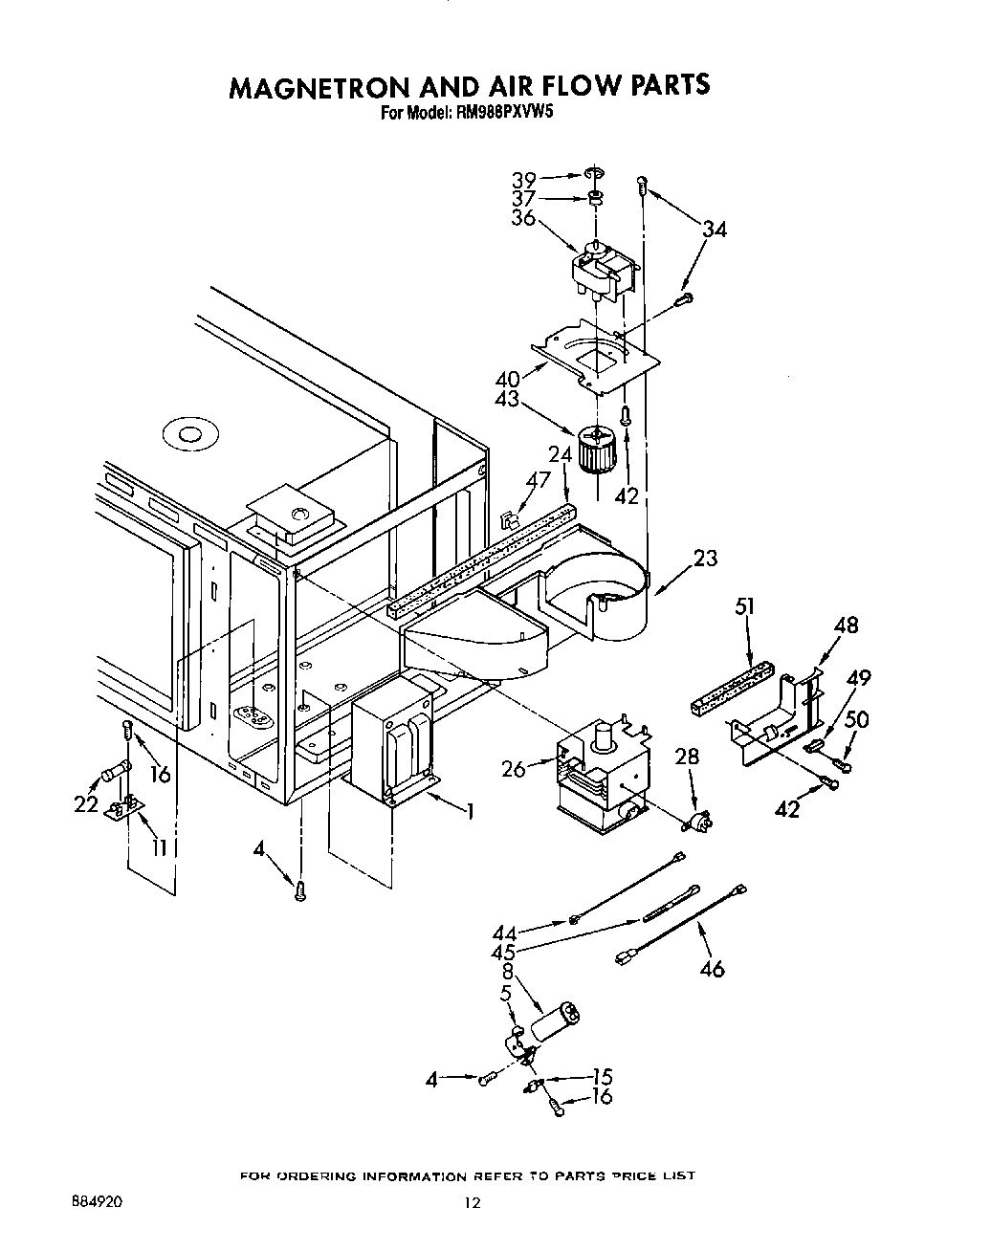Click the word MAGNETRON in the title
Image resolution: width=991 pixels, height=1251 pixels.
[x=316, y=86]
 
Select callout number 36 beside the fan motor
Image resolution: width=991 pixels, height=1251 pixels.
[x=523, y=217]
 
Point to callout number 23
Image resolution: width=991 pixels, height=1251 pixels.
[x=705, y=558]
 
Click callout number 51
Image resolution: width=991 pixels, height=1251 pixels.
[x=745, y=606]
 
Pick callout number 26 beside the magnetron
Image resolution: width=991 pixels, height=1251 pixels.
[x=514, y=768]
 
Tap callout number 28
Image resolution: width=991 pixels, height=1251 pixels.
[x=687, y=757]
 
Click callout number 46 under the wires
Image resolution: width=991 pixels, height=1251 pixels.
[x=712, y=968]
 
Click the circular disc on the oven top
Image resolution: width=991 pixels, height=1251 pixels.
[x=186, y=435]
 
